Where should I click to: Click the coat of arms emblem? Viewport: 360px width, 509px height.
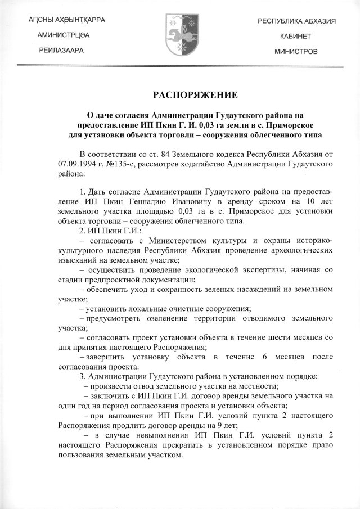point(180,35)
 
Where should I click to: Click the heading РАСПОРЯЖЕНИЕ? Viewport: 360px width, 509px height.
point(180,94)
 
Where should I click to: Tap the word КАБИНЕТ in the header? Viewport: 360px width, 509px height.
point(296,35)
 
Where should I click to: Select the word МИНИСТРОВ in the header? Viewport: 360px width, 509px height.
point(296,51)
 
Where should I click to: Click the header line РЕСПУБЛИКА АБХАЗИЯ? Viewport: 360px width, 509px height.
point(296,20)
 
